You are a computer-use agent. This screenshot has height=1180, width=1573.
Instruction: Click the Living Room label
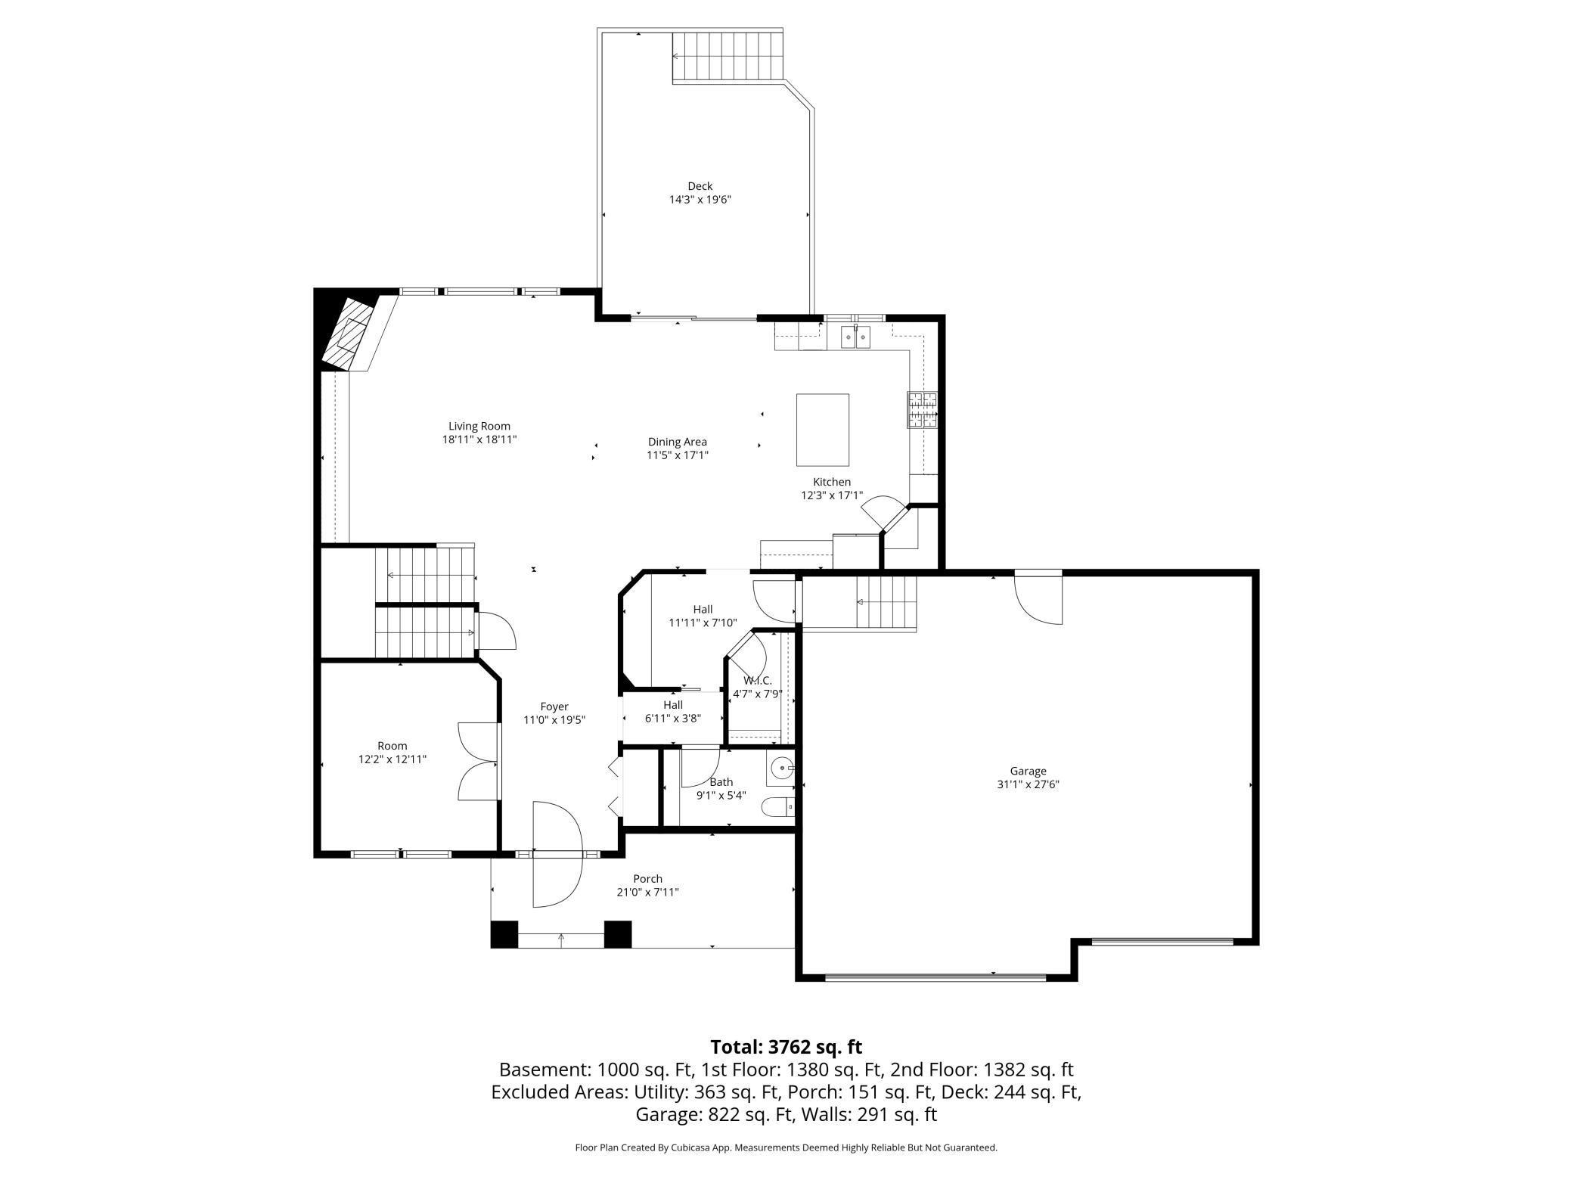tap(479, 426)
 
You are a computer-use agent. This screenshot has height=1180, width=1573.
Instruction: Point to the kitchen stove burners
tap(922, 410)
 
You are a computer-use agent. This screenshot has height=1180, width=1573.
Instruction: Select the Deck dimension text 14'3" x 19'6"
tap(700, 200)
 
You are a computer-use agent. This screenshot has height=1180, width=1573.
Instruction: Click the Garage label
tap(1028, 771)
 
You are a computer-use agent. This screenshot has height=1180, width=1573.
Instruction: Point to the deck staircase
tap(727, 57)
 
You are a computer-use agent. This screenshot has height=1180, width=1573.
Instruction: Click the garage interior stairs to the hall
tap(886, 602)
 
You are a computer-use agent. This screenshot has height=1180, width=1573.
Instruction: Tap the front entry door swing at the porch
tap(557, 855)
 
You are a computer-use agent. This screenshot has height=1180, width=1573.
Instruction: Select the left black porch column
tap(504, 934)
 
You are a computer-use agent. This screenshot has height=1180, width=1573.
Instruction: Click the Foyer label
tap(554, 706)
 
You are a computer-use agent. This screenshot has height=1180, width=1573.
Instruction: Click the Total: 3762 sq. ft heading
tap(786, 1047)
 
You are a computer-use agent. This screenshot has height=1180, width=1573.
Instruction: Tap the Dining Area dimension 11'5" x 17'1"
tap(678, 455)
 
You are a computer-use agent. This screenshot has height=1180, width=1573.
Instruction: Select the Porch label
tap(647, 878)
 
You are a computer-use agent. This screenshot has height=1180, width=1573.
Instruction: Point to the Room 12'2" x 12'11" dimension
tap(392, 759)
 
